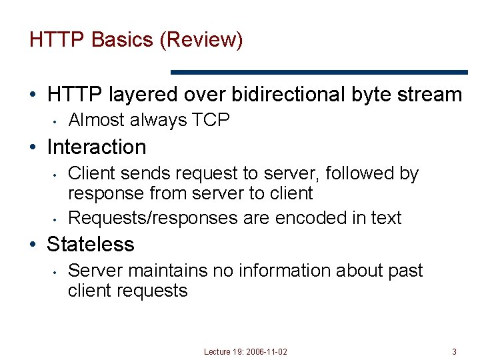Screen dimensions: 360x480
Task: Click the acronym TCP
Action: point(211,120)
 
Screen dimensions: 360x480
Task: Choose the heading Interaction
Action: point(97,147)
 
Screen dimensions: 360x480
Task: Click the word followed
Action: point(360,173)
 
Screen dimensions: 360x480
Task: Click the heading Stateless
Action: point(91,244)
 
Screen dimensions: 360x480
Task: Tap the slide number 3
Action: point(454,351)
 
